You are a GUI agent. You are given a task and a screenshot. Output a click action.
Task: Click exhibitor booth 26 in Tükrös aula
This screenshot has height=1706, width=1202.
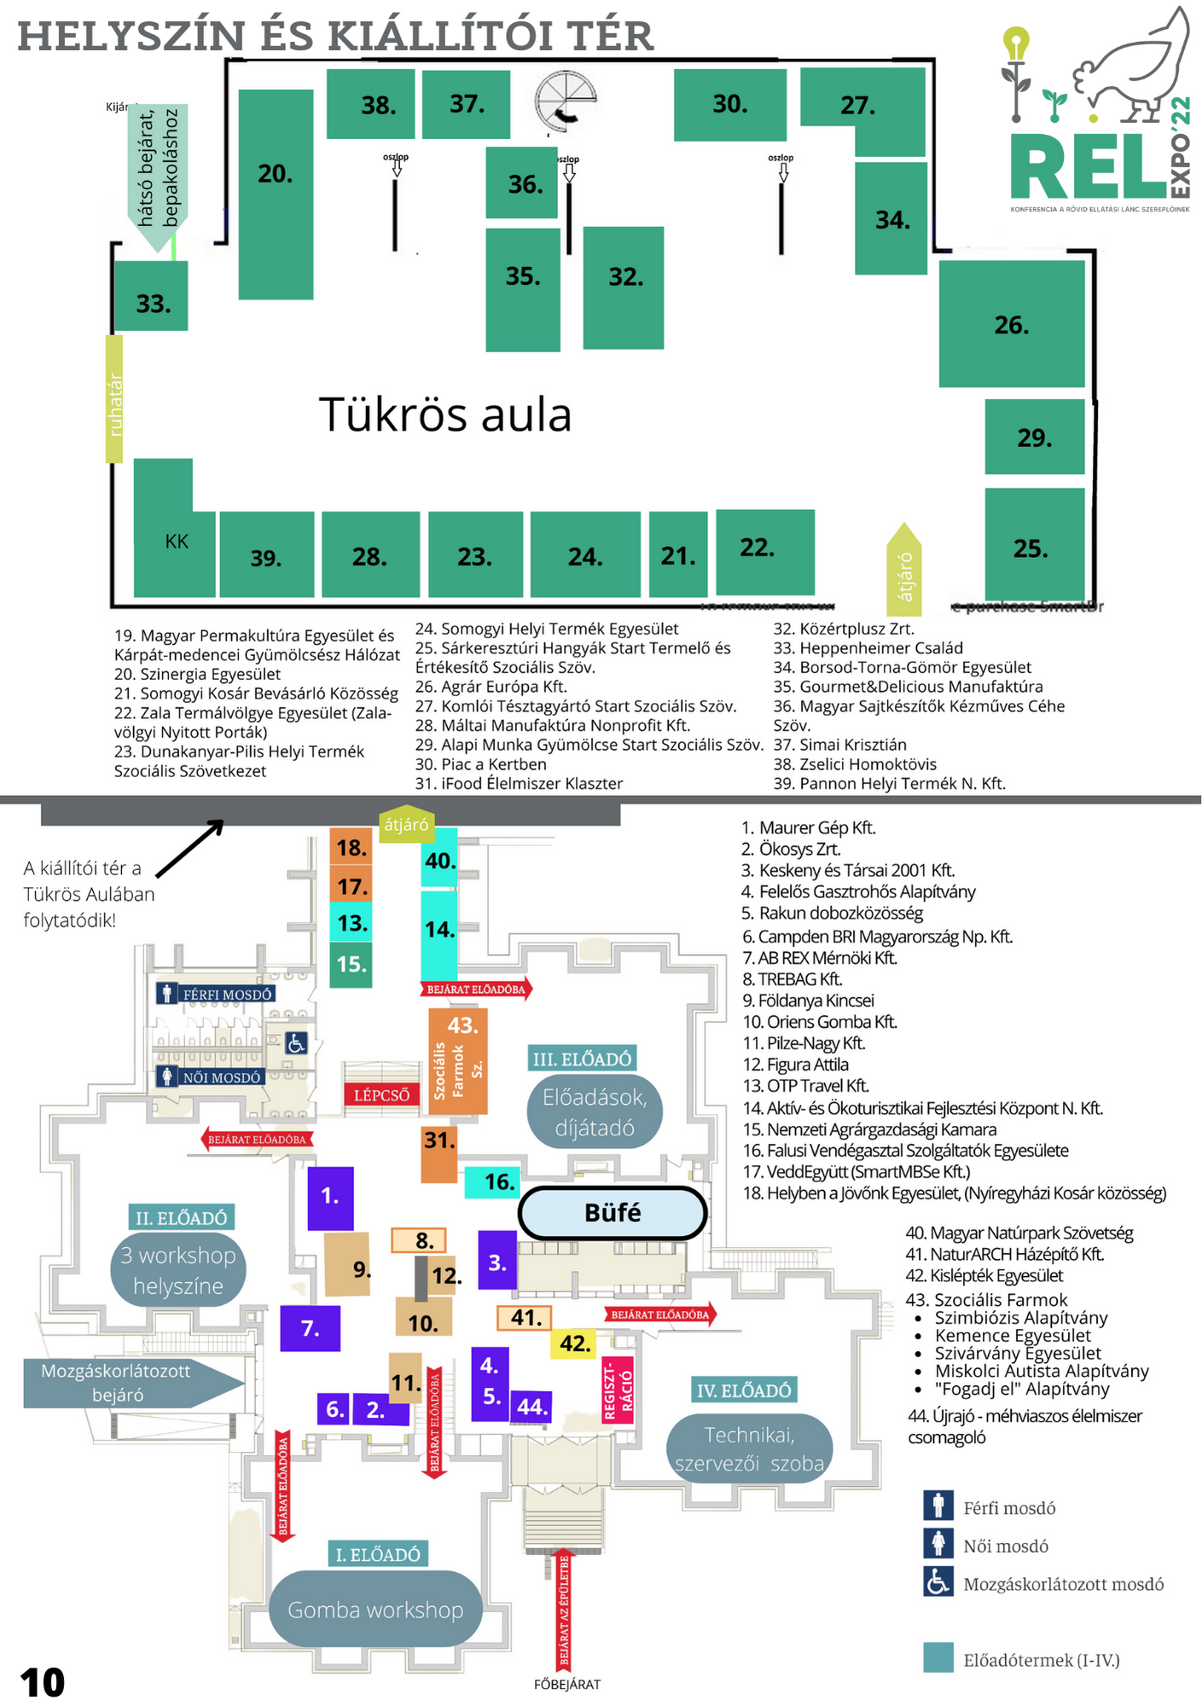pyautogui.click(x=1012, y=324)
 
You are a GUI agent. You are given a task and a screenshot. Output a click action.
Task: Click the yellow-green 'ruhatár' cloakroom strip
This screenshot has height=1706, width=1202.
pyautogui.click(x=114, y=399)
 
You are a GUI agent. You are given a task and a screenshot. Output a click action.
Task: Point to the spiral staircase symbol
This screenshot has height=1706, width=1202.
pyautogui.click(x=566, y=101)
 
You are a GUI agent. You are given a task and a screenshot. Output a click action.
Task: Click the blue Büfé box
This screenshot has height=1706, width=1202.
pyautogui.click(x=613, y=1212)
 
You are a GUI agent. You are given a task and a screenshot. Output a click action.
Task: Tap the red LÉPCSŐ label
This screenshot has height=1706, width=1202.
pyautogui.click(x=381, y=1094)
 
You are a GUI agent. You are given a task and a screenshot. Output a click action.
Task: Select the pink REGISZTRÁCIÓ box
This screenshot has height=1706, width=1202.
pyautogui.click(x=618, y=1390)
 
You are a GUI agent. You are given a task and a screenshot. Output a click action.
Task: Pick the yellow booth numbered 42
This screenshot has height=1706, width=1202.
pyautogui.click(x=575, y=1343)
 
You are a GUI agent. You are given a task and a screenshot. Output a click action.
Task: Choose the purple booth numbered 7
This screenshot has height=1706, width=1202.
pyautogui.click(x=311, y=1328)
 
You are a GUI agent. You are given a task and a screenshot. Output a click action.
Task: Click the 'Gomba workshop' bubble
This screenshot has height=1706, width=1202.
pyautogui.click(x=375, y=1610)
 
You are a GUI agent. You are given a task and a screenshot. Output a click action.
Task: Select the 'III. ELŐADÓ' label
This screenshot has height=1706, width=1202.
pyautogui.click(x=582, y=1059)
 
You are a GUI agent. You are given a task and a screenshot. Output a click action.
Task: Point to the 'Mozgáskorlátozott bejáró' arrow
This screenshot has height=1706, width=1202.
pyautogui.click(x=128, y=1383)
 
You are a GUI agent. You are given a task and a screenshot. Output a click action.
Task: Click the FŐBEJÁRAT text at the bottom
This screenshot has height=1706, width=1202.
pyautogui.click(x=567, y=1685)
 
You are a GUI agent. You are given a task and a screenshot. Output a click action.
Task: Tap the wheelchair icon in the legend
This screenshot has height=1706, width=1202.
pyautogui.click(x=938, y=1582)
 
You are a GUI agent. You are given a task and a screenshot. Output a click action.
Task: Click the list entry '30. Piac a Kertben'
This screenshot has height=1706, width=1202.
pyautogui.click(x=481, y=764)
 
